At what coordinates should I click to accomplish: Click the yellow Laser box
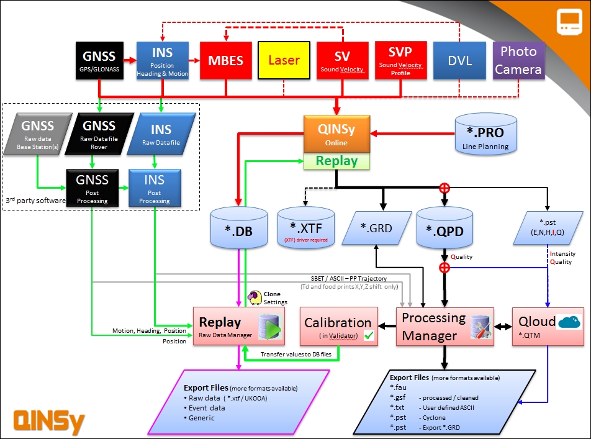(284, 60)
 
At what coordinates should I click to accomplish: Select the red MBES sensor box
(226, 60)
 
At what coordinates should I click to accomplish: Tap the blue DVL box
(459, 60)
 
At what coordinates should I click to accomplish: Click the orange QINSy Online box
(336, 134)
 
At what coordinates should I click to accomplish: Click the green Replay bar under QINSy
(336, 161)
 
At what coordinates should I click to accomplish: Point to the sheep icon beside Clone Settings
(255, 297)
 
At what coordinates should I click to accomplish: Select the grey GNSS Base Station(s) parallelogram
(37, 133)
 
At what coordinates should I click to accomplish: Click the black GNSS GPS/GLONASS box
(99, 60)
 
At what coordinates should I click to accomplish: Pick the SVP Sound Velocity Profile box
(400, 60)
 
